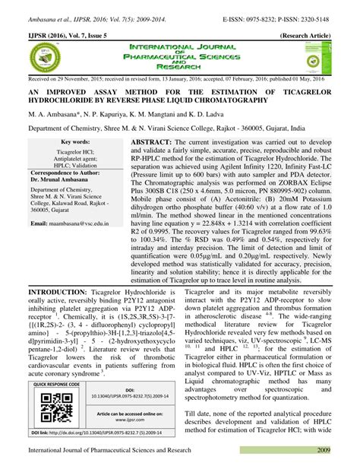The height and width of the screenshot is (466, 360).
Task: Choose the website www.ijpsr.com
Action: pos(130,419)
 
